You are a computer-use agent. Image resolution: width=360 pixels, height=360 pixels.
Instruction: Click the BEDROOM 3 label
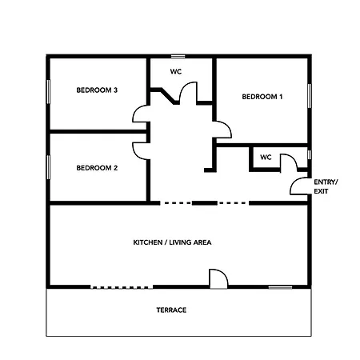tap(97, 90)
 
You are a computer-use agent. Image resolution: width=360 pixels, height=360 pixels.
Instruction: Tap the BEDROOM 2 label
tap(97, 168)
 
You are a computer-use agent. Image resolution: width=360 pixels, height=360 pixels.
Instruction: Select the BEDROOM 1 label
tap(262, 97)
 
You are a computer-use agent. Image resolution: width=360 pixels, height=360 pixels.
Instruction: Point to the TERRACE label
tap(171, 310)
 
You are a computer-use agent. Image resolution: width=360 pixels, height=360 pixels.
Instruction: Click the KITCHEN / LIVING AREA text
tap(172, 242)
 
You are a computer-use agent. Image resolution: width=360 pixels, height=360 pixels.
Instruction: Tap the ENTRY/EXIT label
tap(326, 186)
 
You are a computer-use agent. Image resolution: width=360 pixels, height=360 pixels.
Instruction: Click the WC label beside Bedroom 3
tap(176, 71)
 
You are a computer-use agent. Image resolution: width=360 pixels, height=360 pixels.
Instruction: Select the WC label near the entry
tap(266, 158)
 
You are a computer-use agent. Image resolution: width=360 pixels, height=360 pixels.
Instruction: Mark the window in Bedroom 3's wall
tap(48, 92)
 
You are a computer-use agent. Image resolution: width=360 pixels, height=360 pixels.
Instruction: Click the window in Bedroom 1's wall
tap(310, 96)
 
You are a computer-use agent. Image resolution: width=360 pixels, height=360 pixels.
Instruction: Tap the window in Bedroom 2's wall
tap(48, 167)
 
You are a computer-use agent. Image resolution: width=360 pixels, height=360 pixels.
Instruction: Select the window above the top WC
tap(178, 56)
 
